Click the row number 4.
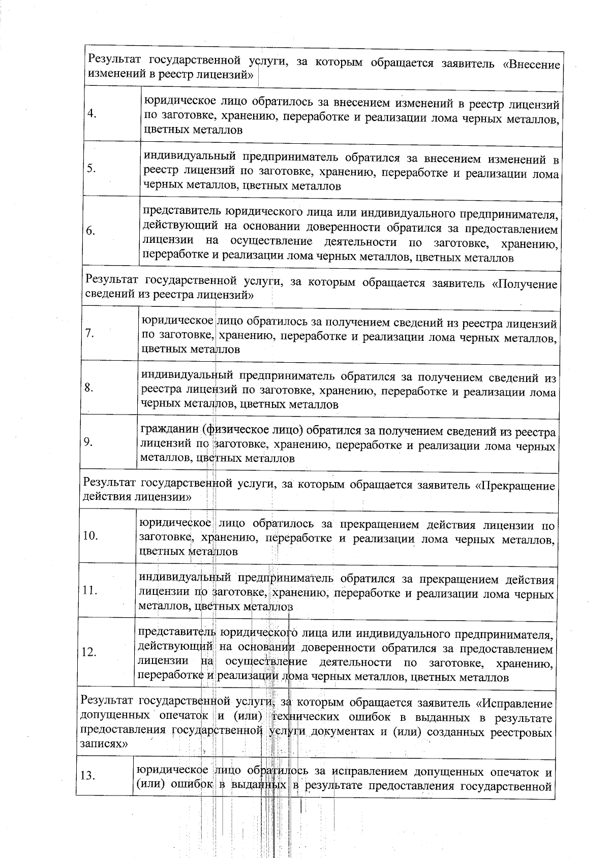click(x=92, y=114)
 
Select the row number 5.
click(x=91, y=169)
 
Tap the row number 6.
click(x=90, y=231)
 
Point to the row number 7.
click(x=89, y=333)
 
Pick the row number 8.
click(x=88, y=388)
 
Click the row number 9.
click(x=88, y=442)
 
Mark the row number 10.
click(x=89, y=536)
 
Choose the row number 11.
click(x=89, y=590)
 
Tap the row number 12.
click(x=89, y=652)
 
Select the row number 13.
click(x=88, y=776)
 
